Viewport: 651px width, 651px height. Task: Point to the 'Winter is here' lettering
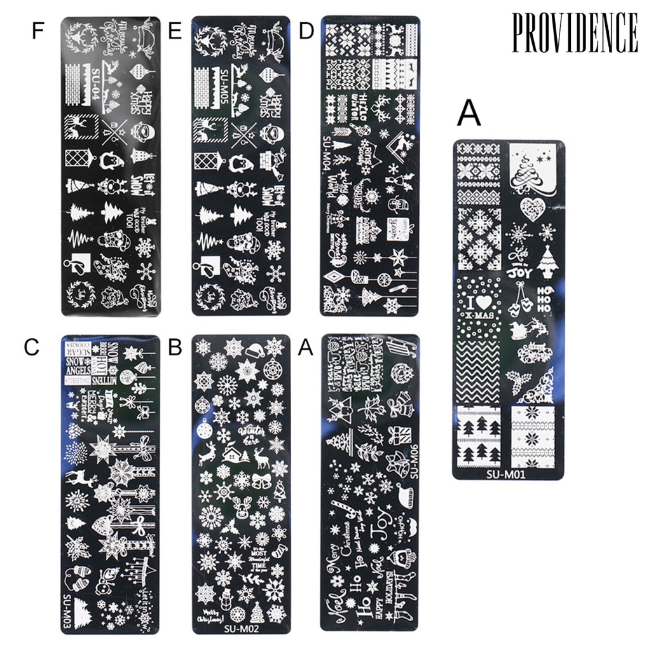tap(250, 435)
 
